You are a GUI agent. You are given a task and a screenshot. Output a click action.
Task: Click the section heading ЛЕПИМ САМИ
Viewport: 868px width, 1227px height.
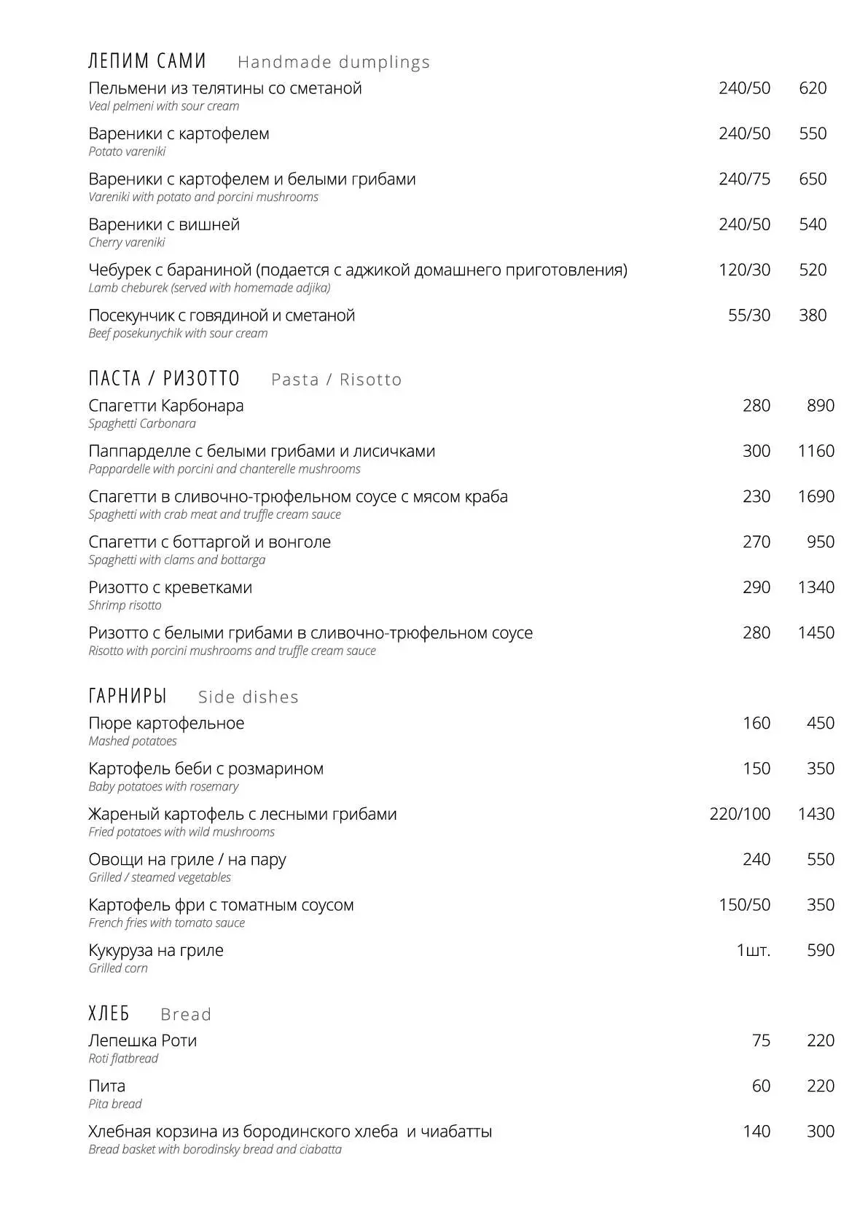pos(147,61)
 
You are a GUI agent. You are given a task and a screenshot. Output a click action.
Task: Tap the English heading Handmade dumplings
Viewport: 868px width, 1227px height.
pos(334,63)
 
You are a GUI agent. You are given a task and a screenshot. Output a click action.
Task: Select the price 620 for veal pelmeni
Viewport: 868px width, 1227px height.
pos(813,88)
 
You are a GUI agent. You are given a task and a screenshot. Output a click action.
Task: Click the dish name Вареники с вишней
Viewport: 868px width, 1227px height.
pos(164,224)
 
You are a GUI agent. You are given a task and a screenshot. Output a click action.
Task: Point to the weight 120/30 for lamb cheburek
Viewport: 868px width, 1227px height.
pos(744,270)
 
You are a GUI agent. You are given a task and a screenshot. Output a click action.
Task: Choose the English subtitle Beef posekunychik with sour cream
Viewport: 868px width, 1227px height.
pos(178,334)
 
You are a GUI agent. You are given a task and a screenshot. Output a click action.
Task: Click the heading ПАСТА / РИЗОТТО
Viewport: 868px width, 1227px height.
pos(164,379)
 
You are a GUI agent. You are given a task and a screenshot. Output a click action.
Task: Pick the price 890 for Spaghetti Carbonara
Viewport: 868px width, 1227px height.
pos(820,406)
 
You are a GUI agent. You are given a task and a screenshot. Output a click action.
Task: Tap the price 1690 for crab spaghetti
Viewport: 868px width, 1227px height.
pos(816,497)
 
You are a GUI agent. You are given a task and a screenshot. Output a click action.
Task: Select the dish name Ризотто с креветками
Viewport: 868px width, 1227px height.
pos(170,588)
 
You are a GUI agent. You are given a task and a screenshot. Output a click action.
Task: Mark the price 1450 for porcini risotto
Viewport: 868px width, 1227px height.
pos(816,633)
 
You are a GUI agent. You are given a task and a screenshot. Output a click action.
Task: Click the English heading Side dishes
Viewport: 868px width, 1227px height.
pos(249,697)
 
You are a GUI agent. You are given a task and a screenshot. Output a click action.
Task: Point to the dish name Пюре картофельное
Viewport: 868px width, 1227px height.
pos(166,724)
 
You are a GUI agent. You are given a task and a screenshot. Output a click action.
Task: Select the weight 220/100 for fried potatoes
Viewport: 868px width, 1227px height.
pos(740,815)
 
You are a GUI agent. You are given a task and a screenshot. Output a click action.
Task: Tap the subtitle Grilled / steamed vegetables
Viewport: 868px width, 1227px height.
pos(160,878)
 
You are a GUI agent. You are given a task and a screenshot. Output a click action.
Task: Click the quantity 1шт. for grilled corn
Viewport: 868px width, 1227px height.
pos(753,951)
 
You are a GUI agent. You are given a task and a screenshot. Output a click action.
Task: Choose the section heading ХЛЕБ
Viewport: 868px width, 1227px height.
pos(109,1014)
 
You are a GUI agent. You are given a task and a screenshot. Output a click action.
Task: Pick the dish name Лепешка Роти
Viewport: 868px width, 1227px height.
pos(142,1041)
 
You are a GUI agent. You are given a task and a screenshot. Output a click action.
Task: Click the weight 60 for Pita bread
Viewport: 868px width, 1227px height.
pos(761,1086)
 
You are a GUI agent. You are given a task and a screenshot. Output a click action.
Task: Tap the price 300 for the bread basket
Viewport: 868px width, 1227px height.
pos(820,1132)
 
